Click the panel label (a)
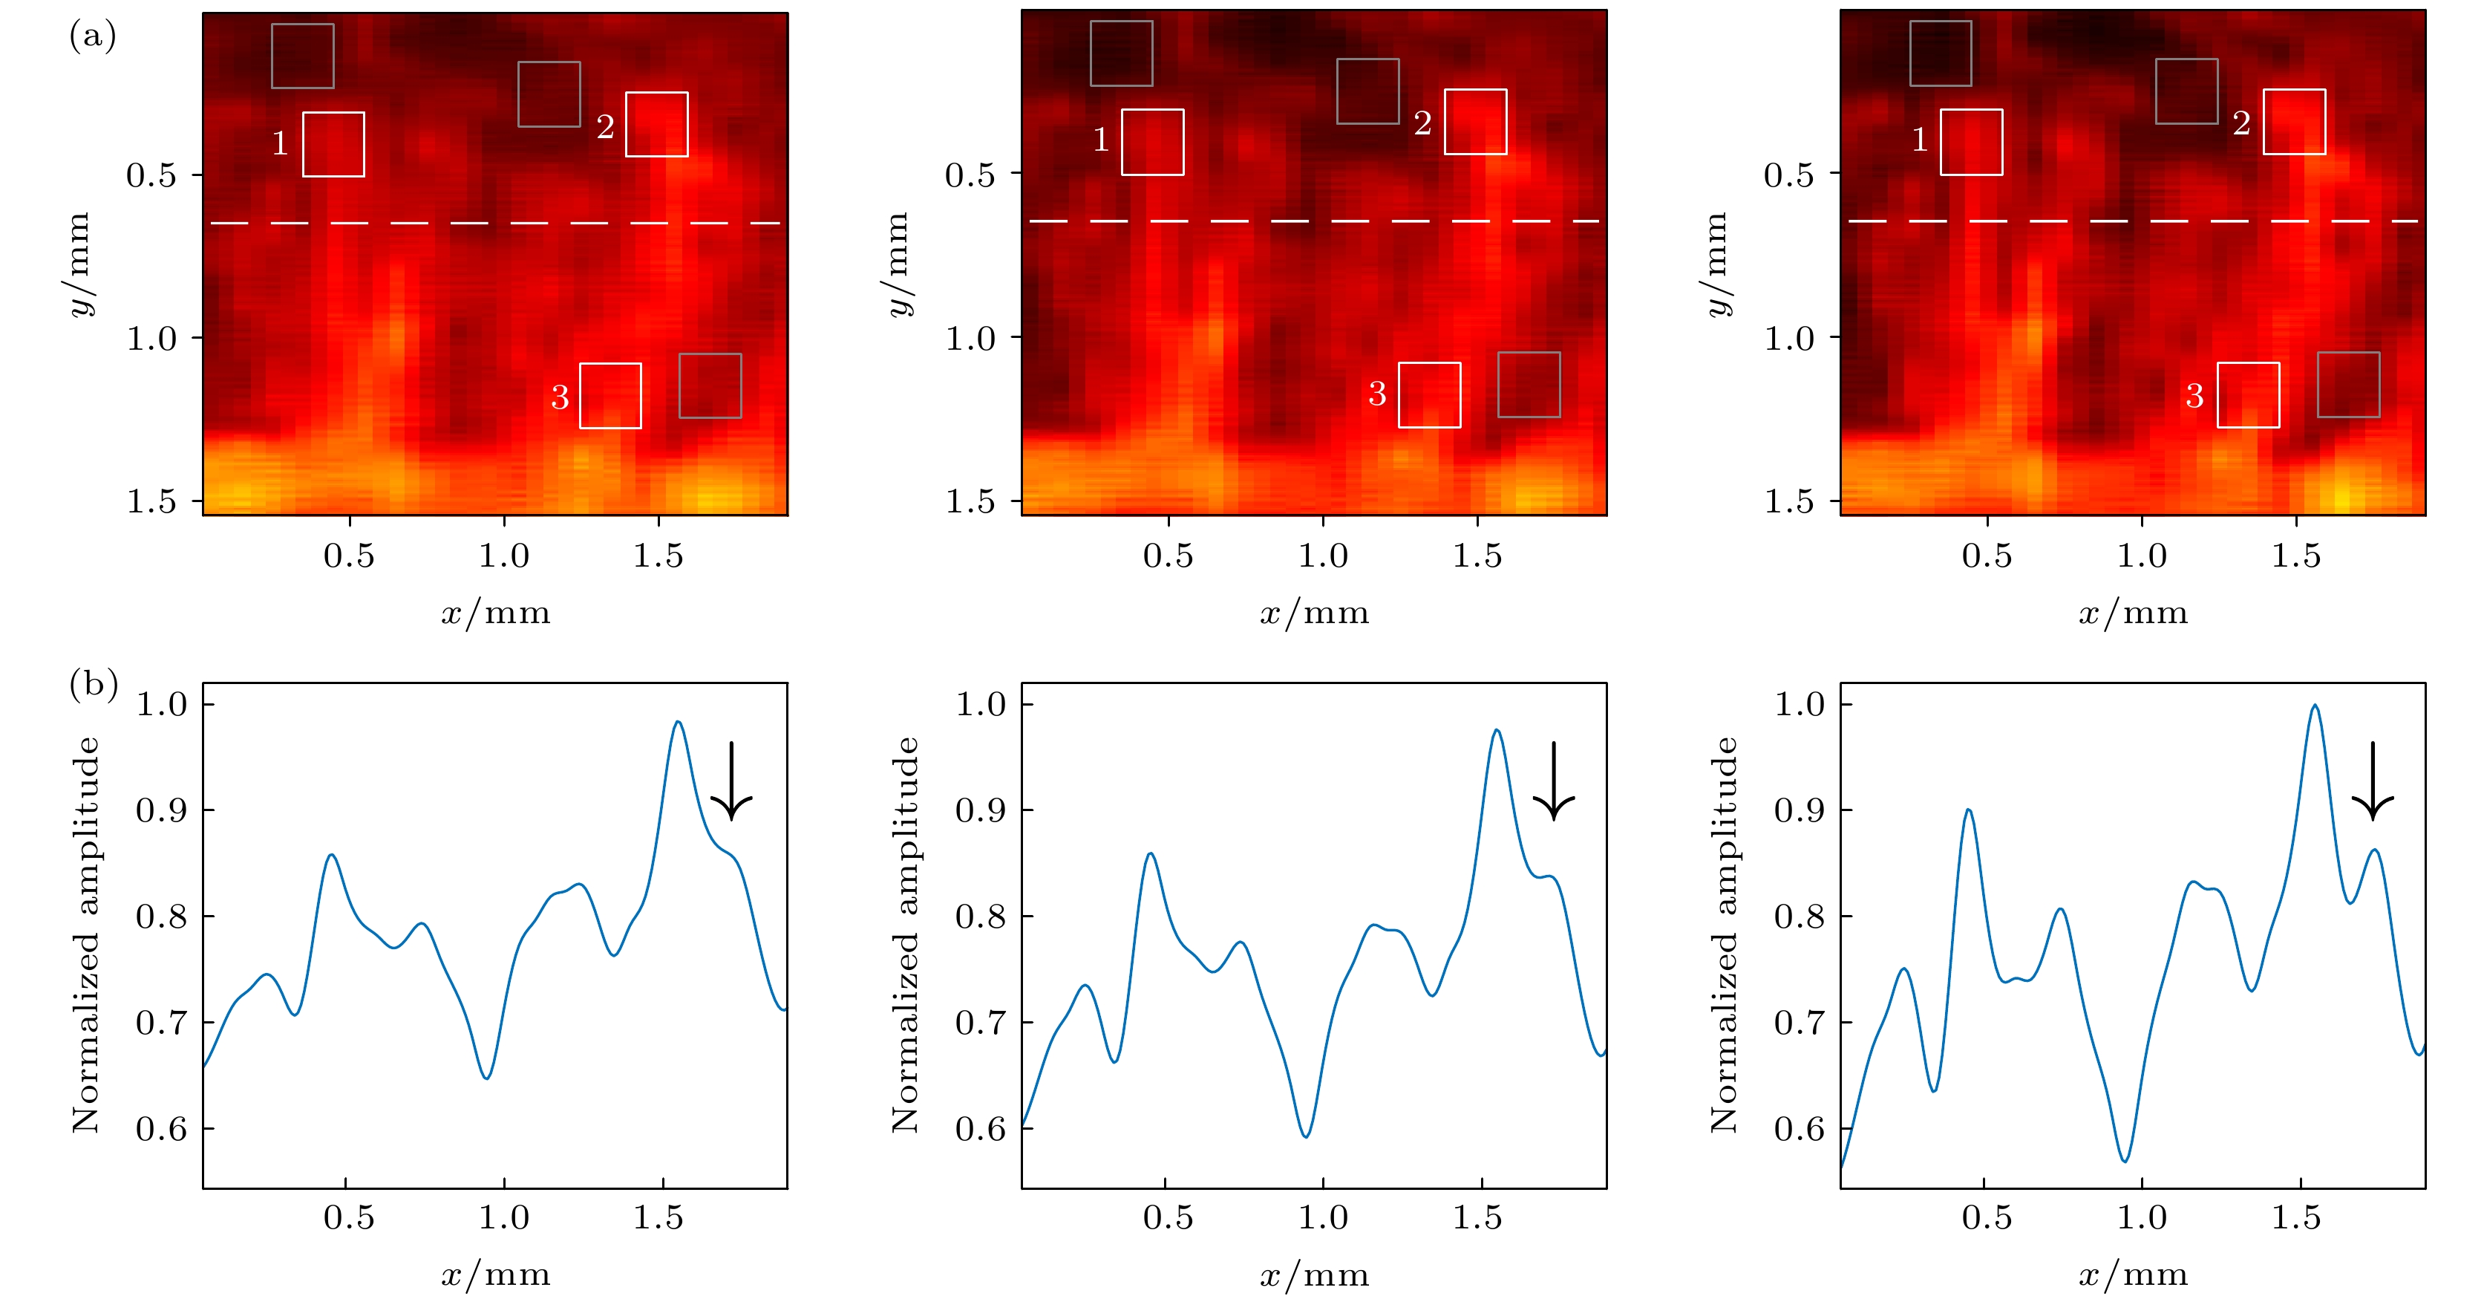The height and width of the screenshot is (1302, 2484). (x=93, y=36)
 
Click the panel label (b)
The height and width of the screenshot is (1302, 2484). (x=94, y=684)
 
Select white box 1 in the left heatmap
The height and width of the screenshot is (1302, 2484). (x=333, y=145)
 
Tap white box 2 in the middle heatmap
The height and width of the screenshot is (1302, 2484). (x=1475, y=123)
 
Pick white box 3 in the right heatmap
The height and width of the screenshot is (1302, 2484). (x=2248, y=394)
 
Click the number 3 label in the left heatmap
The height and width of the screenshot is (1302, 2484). (x=559, y=397)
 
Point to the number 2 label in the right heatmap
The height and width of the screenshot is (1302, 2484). (x=2241, y=123)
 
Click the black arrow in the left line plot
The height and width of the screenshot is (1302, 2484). (x=732, y=781)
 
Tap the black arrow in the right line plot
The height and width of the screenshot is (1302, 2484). (x=2372, y=781)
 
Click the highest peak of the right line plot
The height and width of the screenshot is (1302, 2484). (x=2314, y=706)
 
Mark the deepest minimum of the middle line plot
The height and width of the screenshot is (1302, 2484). (x=1306, y=1136)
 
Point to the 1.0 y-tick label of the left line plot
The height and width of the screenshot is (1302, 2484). (x=161, y=704)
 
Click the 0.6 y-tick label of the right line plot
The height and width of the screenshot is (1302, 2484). (x=1800, y=1128)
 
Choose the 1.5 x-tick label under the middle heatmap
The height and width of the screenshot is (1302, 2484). (x=1477, y=556)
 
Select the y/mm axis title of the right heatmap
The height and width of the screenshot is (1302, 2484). (x=1717, y=263)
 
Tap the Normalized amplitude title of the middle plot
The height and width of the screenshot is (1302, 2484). (x=903, y=934)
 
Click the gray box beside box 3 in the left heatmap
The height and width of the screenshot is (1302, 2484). (x=710, y=385)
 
